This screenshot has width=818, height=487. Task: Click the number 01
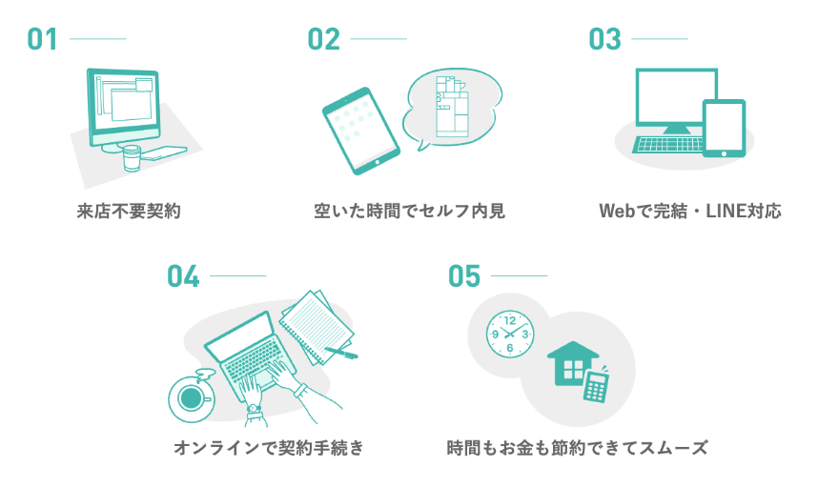pyautogui.click(x=43, y=39)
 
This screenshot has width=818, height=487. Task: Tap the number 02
pyautogui.click(x=324, y=39)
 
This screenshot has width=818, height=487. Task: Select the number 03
pyautogui.click(x=604, y=39)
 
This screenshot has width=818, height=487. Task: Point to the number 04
pyautogui.click(x=183, y=275)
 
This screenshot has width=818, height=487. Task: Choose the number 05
pyautogui.click(x=464, y=275)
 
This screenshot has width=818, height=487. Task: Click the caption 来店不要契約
pyautogui.click(x=128, y=211)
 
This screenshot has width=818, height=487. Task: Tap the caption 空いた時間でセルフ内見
pyautogui.click(x=408, y=211)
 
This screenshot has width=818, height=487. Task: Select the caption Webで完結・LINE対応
pyautogui.click(x=689, y=211)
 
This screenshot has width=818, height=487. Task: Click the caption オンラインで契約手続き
pyautogui.click(x=268, y=447)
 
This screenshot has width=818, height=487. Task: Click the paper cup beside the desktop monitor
pyautogui.click(x=131, y=158)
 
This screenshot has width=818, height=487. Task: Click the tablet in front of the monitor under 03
pyautogui.click(x=724, y=128)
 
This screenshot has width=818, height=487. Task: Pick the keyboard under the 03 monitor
pyautogui.click(x=666, y=145)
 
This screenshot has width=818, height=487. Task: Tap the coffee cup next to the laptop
pyautogui.click(x=190, y=396)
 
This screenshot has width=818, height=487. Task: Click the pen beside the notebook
pyautogui.click(x=341, y=353)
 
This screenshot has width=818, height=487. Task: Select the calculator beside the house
pyautogui.click(x=597, y=385)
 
